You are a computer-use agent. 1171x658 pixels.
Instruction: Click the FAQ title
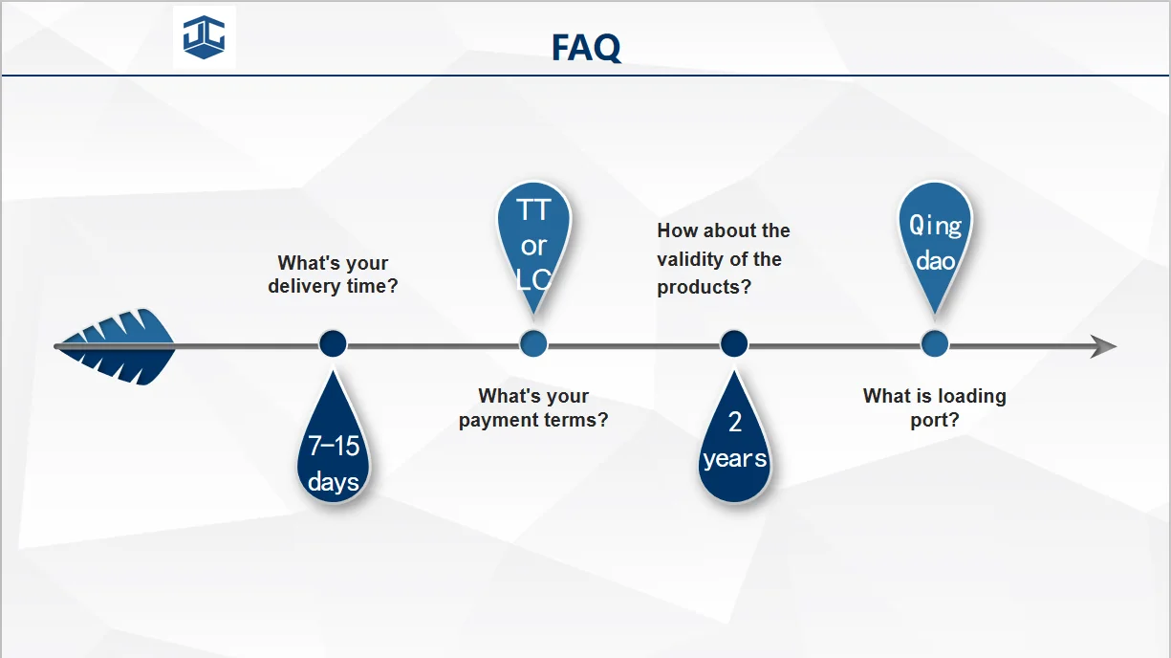click(x=586, y=48)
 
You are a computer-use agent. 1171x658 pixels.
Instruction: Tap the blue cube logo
click(x=204, y=37)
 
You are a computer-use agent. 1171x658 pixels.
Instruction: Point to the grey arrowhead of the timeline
click(x=1103, y=346)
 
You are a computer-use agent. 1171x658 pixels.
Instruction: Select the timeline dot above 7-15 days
click(x=333, y=344)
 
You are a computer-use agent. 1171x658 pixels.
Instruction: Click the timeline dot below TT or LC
click(x=533, y=344)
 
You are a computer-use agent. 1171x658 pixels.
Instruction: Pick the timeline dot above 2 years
click(x=734, y=344)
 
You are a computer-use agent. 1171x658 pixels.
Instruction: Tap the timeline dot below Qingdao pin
click(x=935, y=344)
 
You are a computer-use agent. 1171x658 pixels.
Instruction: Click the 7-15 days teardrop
click(x=333, y=445)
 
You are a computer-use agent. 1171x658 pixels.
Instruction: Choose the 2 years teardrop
click(x=734, y=445)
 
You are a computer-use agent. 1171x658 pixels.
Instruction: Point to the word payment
click(x=498, y=421)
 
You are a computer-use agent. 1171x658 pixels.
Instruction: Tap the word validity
click(x=687, y=259)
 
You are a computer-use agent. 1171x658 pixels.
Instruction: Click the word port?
click(x=935, y=421)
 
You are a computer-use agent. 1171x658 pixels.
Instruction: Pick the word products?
click(x=705, y=287)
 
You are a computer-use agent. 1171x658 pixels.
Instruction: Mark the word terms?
click(x=576, y=420)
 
